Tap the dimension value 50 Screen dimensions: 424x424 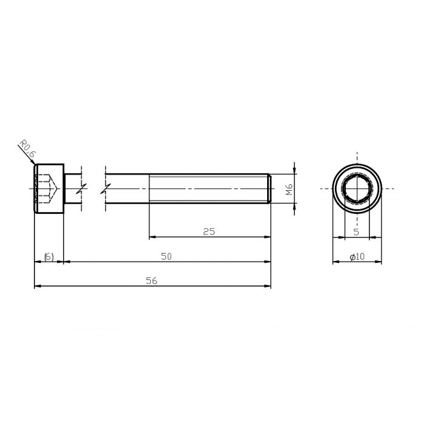pyautogui.click(x=167, y=256)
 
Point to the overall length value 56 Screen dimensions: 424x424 pyautogui.click(x=151, y=280)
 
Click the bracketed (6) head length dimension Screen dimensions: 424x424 pyautogui.click(x=49, y=257)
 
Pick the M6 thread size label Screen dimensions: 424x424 pyautogui.click(x=290, y=189)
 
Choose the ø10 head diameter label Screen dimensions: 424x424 pyautogui.click(x=357, y=257)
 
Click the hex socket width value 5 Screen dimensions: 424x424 pyautogui.click(x=356, y=231)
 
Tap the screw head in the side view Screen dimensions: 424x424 pyautogui.click(x=49, y=188)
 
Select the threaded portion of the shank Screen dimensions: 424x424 pyautogui.click(x=209, y=188)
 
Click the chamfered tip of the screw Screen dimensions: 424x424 pyautogui.click(x=268, y=188)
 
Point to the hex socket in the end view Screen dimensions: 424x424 pyautogui.click(x=357, y=188)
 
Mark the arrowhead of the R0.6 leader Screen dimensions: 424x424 pyautogui.click(x=33, y=163)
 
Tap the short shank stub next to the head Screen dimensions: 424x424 pyautogui.click(x=71, y=188)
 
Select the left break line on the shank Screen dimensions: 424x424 pyautogui.click(x=81, y=188)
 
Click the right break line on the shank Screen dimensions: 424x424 pyautogui.click(x=106, y=188)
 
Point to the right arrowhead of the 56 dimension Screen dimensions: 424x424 pyautogui.click(x=268, y=285)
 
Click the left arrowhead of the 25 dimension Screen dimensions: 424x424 pyautogui.click(x=152, y=236)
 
